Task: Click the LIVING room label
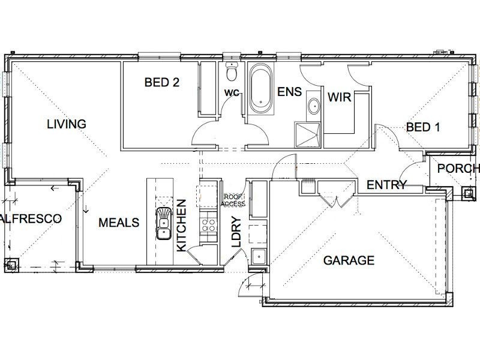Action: tap(67, 124)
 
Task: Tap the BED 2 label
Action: tap(162, 83)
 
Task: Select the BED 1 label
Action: tap(424, 127)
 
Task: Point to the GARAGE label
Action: tap(349, 260)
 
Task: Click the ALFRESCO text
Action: tap(31, 218)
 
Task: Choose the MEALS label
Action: tap(119, 223)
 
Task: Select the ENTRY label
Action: tap(387, 185)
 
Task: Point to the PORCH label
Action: tap(458, 169)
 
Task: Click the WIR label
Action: tap(339, 97)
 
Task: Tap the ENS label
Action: tap(289, 92)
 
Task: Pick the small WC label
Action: tap(231, 93)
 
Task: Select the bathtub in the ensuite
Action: tap(260, 89)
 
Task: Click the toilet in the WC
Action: tap(232, 73)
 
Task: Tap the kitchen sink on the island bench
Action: tap(163, 223)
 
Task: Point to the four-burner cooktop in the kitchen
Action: tap(208, 224)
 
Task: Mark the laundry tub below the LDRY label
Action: tap(259, 256)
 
